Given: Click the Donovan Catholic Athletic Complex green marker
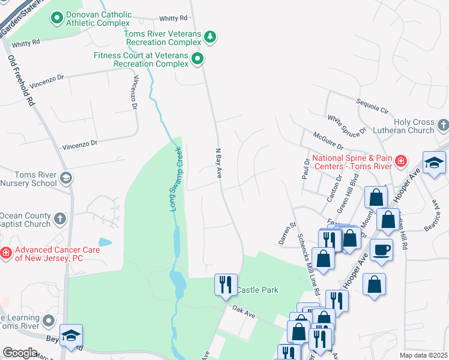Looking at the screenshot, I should [x=57, y=18].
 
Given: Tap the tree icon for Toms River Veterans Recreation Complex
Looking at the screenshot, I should [x=209, y=38].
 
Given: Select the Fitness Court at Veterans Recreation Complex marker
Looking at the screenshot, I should [x=197, y=59].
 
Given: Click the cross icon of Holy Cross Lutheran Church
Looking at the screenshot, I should [x=443, y=125].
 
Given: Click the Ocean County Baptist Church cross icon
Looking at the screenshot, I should [x=60, y=220].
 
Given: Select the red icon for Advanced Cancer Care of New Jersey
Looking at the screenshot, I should [x=6, y=253].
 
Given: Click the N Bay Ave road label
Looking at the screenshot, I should [x=219, y=163].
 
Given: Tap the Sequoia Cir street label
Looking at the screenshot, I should [x=372, y=106].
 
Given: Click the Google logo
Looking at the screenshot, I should [x=20, y=353].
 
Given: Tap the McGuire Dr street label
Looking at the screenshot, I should [x=327, y=141].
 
